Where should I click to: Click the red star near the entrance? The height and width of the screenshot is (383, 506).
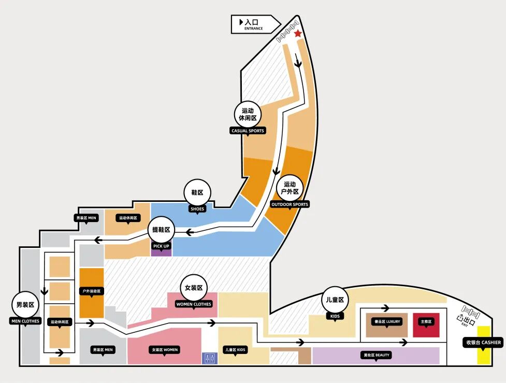pos(298,34)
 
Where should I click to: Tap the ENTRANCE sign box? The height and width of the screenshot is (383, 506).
pos(255,24)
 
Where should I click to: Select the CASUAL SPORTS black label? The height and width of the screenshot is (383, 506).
pos(248,131)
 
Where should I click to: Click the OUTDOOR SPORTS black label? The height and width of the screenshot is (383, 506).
pos(290,204)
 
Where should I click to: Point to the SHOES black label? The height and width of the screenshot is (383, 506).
pos(197,209)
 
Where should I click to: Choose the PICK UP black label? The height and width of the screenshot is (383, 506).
pos(161,246)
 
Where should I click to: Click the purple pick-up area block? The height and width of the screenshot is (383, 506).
pos(161,253)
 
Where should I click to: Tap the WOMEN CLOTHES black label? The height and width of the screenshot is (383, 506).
pos(194,304)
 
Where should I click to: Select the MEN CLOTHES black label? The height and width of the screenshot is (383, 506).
pos(25,321)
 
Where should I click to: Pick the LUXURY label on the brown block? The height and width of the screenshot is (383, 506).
pos(387,321)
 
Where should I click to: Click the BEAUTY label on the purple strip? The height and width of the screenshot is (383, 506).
pos(375,355)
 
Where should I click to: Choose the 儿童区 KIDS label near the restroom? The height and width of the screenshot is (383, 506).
pos(235,350)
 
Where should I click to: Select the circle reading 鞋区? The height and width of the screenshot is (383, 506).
pos(197,193)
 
